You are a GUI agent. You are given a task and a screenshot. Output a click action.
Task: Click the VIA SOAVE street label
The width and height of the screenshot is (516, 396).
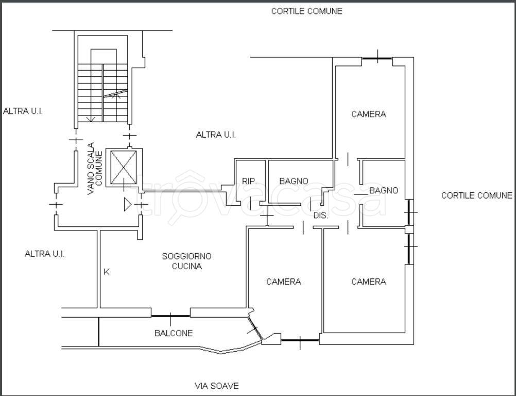216,386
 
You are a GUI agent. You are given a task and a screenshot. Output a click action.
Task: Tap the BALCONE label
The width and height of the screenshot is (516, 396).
174,333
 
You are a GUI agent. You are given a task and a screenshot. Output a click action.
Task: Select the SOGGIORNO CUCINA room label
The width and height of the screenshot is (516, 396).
186,261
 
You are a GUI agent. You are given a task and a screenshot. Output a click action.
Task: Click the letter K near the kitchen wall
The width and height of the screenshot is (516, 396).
107,272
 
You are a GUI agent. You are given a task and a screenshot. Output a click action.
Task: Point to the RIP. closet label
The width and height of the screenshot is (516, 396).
249,181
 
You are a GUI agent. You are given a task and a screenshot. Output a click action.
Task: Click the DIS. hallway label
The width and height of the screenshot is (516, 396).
320,216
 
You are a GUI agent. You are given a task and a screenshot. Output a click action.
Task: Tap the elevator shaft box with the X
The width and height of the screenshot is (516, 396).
124,168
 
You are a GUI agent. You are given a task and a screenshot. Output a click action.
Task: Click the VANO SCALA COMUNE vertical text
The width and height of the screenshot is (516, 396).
95,168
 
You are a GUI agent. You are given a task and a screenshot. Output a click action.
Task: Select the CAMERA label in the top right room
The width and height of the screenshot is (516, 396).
369,114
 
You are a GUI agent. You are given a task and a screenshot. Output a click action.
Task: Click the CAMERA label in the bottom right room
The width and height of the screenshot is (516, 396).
369,282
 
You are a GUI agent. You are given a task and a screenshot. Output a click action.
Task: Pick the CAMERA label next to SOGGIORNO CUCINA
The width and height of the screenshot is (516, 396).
283,282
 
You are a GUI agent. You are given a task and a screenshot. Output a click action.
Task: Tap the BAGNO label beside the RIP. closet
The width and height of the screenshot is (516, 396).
294,181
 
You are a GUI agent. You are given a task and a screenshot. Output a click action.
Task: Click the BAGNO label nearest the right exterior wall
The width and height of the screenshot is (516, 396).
384,190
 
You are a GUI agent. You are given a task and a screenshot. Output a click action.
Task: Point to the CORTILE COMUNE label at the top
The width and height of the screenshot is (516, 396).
307,11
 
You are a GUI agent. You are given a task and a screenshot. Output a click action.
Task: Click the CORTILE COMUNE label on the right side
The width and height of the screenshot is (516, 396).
477,195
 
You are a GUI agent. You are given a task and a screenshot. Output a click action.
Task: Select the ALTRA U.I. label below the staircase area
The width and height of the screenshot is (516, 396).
44,254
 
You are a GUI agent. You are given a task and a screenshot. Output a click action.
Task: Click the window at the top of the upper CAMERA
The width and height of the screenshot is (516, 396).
377,58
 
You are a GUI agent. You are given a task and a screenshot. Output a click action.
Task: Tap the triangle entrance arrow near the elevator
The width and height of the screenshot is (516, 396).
128,204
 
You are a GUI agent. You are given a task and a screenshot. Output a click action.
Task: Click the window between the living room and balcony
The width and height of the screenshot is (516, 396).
170,316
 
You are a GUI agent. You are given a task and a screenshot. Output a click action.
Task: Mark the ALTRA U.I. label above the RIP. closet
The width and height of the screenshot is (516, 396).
216,135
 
